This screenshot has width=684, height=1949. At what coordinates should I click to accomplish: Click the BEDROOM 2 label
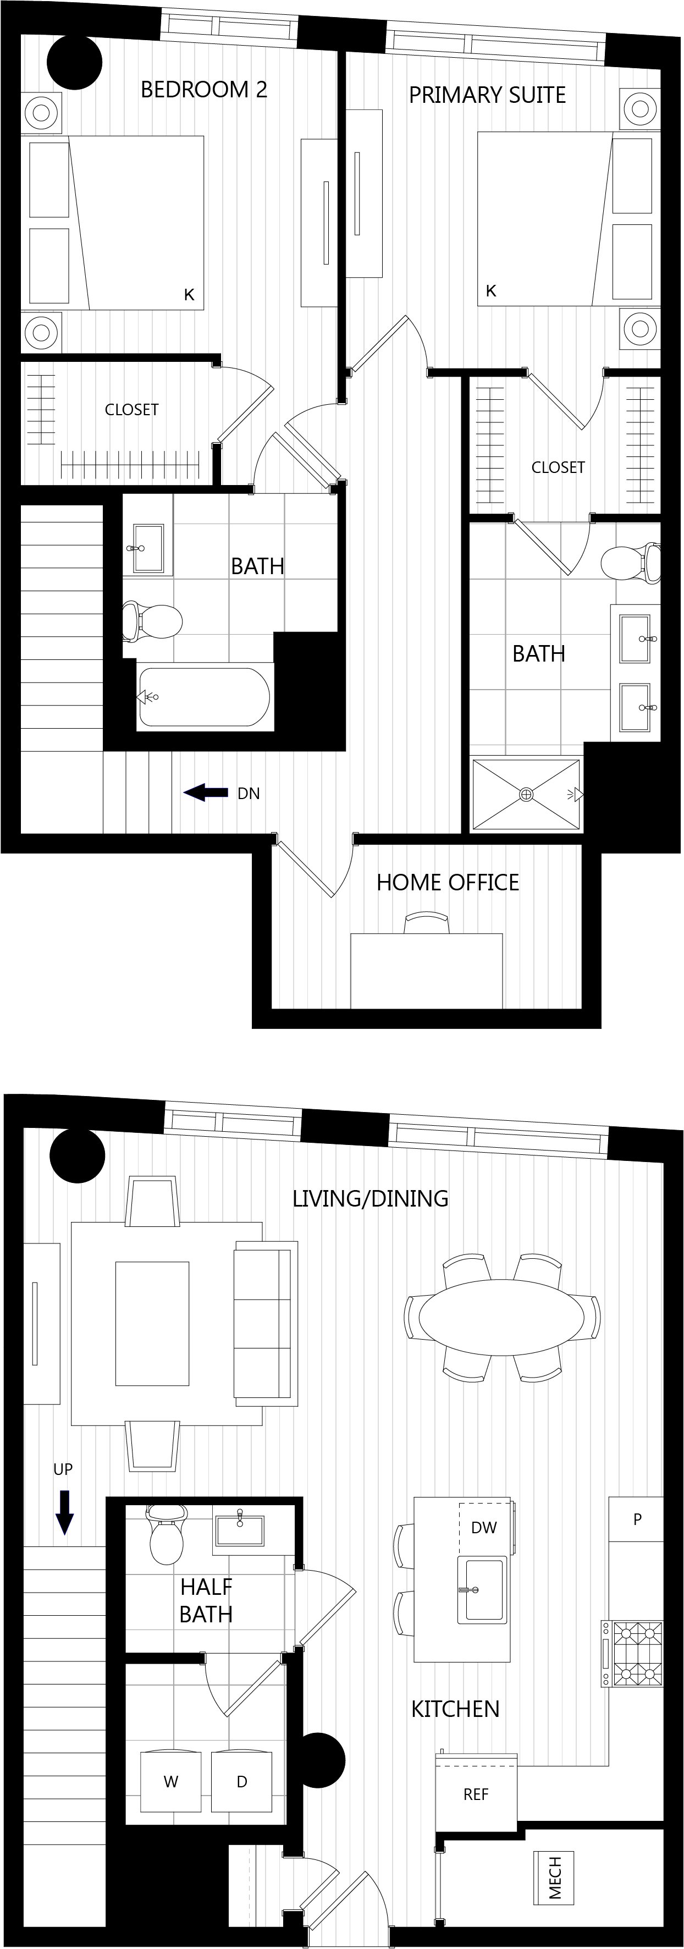coord(205,89)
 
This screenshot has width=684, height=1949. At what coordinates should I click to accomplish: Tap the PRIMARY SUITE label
coord(487,95)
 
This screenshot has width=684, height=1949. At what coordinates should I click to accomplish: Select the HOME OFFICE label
coord(448,882)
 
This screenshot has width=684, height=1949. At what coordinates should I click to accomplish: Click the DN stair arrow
coord(206,793)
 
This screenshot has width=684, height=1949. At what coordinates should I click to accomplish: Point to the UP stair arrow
coord(65,1512)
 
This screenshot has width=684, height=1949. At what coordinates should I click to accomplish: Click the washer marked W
coord(171,1781)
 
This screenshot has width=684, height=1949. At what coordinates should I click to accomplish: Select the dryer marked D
coord(241,1781)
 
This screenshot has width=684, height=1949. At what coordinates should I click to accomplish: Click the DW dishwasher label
coord(484,1527)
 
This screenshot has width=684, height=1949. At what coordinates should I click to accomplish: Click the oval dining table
coord(503,1317)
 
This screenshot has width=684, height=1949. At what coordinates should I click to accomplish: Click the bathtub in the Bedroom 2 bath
coord(203,697)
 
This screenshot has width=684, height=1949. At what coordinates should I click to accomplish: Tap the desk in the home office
coord(427,970)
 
